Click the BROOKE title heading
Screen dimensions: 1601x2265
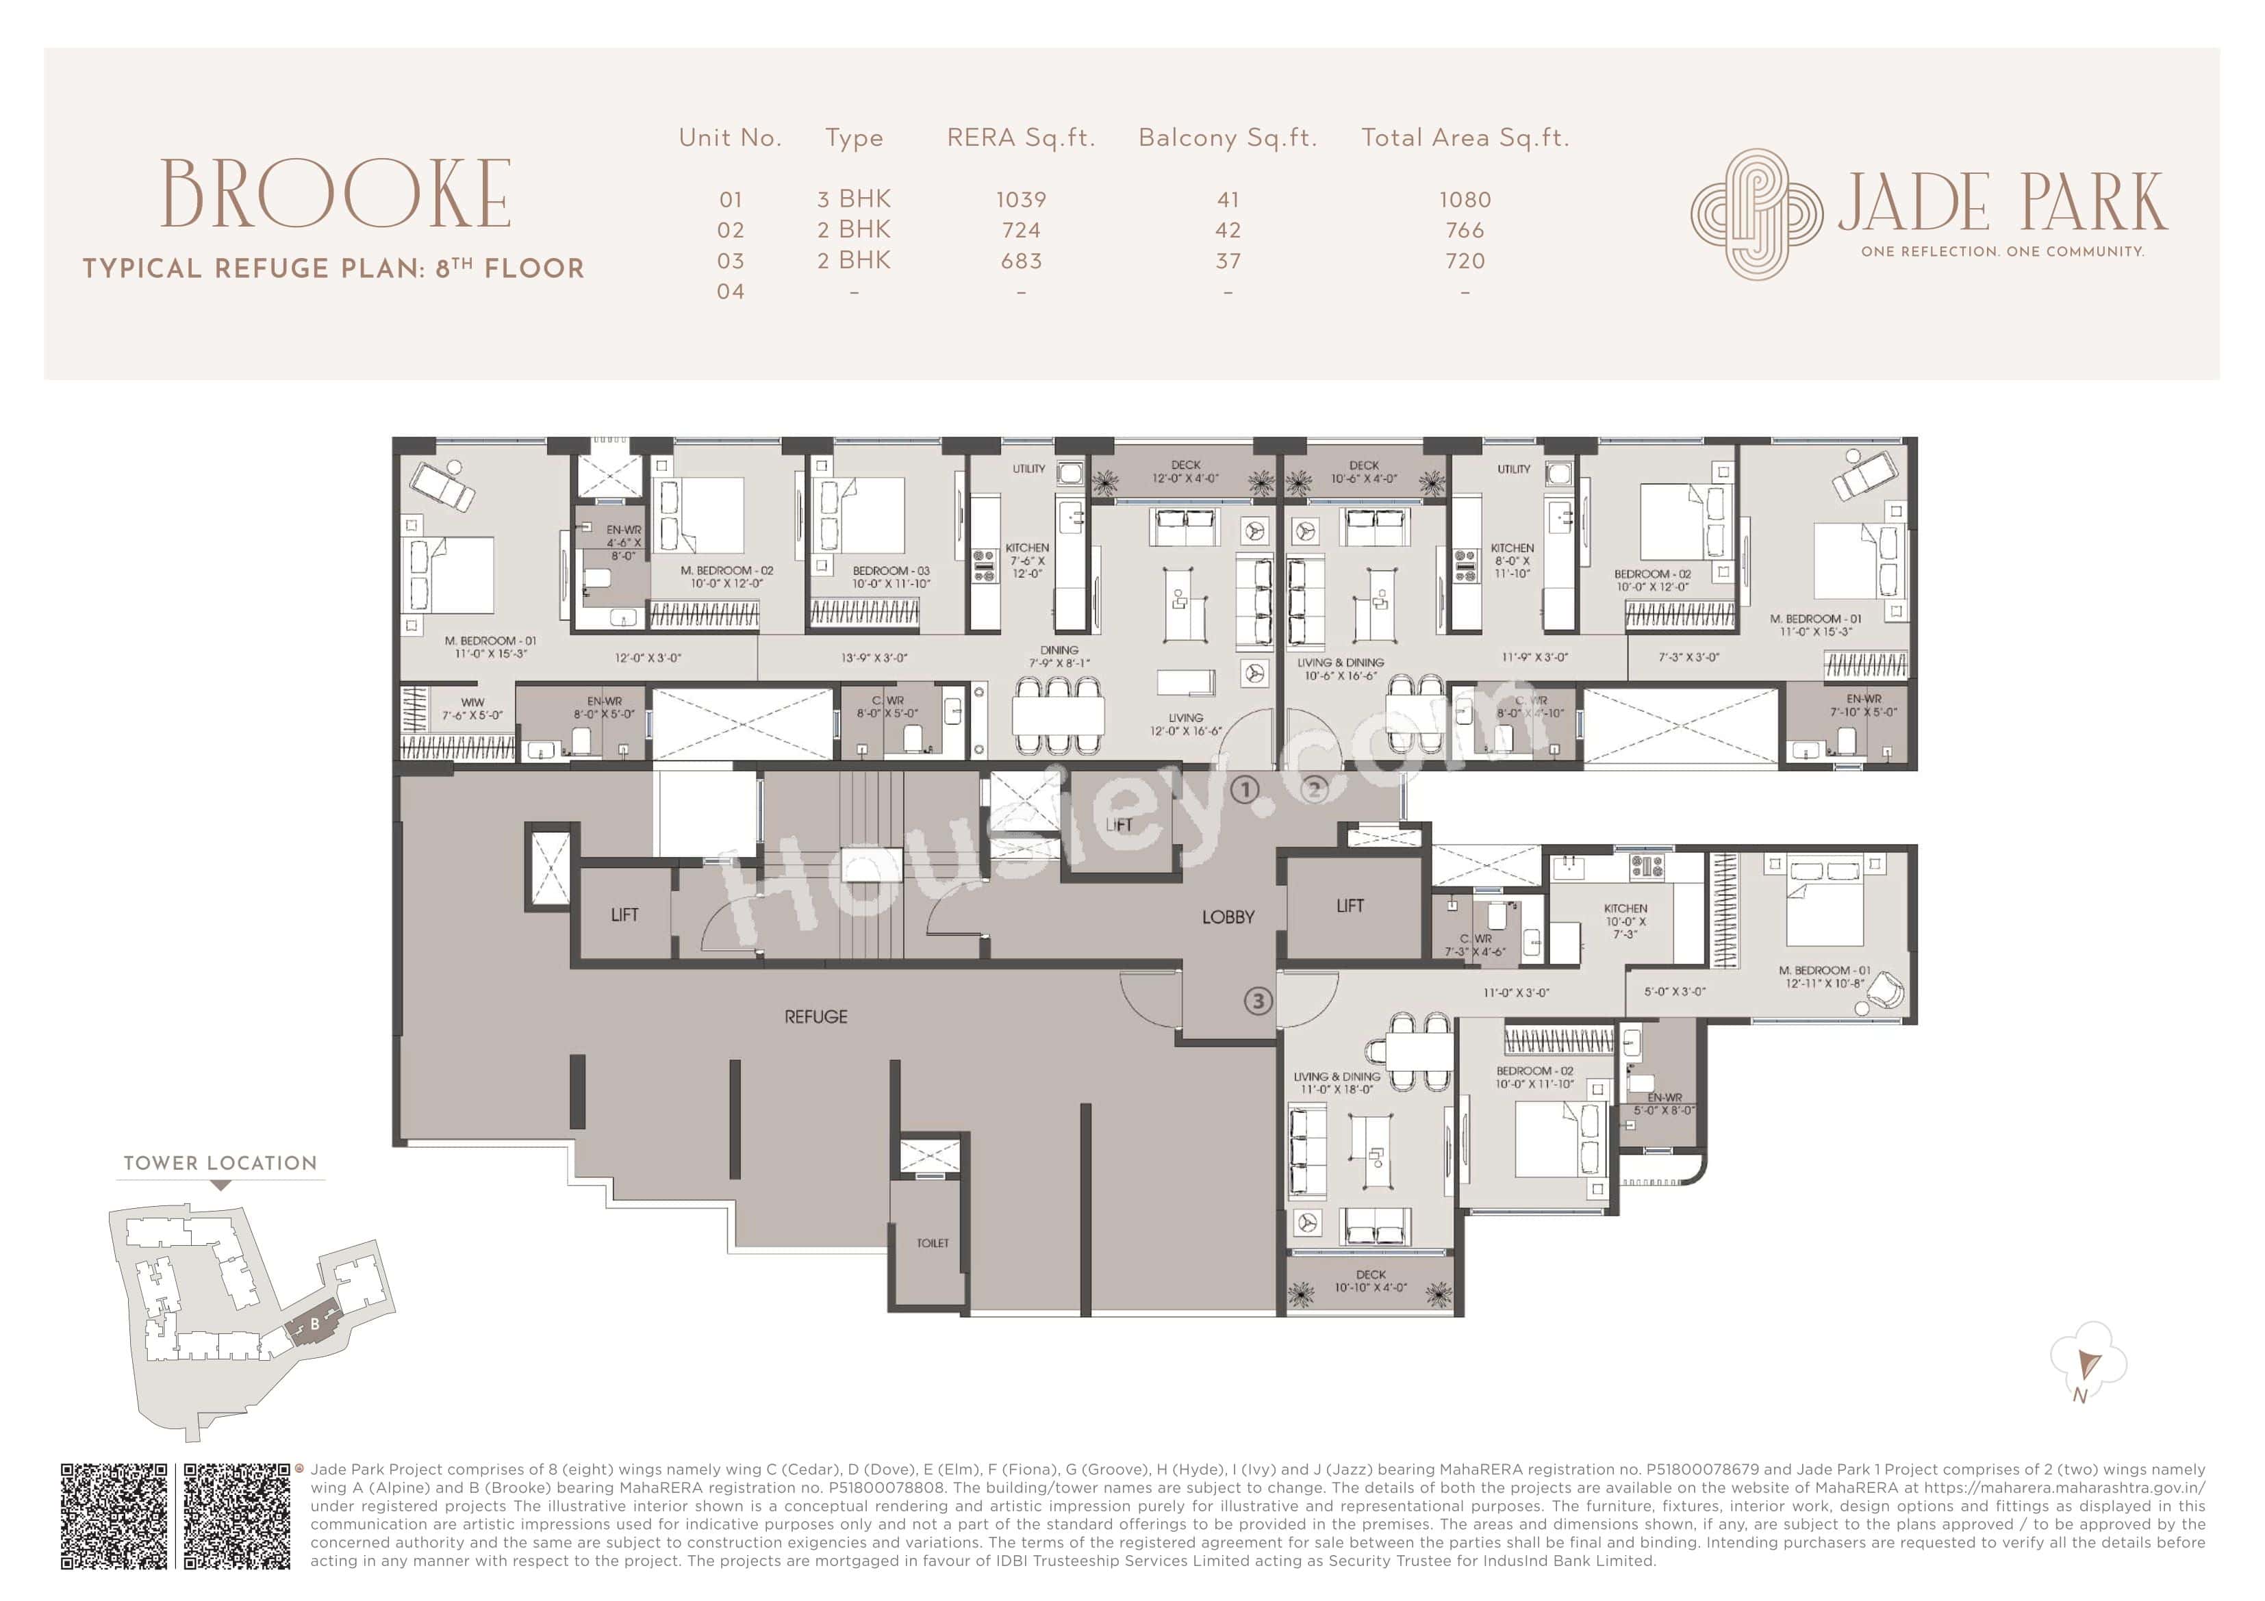336,194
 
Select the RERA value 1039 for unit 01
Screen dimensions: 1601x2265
1020,199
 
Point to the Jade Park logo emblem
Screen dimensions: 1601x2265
1756,214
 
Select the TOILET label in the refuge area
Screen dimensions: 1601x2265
933,1243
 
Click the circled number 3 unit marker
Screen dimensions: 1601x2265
1257,1001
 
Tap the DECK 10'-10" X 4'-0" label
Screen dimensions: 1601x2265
1370,1281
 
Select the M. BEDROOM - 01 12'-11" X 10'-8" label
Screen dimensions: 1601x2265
1824,977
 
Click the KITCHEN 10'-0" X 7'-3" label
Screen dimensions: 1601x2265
1625,921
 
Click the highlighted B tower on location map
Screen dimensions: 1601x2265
314,1324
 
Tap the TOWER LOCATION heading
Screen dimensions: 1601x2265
220,1163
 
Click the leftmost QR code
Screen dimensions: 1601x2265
114,1516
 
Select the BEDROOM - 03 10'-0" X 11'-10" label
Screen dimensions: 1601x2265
890,577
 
